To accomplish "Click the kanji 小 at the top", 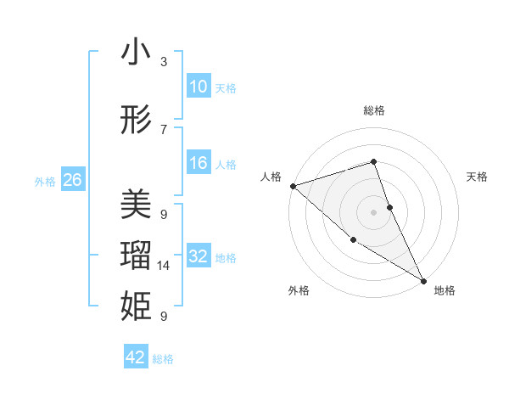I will (x=136, y=53).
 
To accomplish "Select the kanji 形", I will (x=136, y=121).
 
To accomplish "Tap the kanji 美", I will (x=136, y=204).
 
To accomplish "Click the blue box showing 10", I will (x=198, y=87).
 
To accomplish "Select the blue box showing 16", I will (x=198, y=163).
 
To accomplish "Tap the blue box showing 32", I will (x=198, y=256).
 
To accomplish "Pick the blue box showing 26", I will (x=72, y=180).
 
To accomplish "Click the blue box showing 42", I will (x=136, y=357).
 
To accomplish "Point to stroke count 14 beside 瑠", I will (x=164, y=266).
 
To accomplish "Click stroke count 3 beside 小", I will (x=164, y=62).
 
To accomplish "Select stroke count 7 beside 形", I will (x=164, y=130).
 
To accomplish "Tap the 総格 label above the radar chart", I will (x=374, y=110).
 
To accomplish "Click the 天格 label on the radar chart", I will (x=478, y=177).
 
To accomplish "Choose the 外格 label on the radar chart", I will (x=299, y=290).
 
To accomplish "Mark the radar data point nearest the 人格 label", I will (x=293, y=185).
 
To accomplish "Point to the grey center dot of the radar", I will (x=374, y=211).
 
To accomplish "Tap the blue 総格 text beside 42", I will (x=163, y=359).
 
